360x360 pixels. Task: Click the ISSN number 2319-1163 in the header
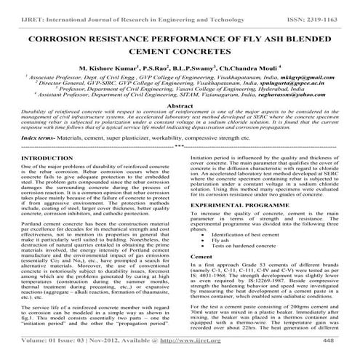[329, 7]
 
